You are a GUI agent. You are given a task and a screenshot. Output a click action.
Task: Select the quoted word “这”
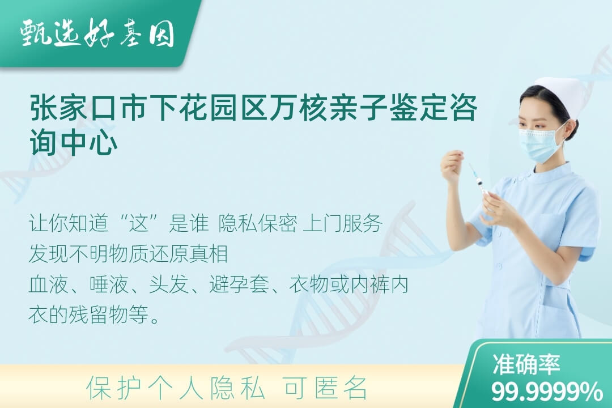pyautogui.click(x=140, y=223)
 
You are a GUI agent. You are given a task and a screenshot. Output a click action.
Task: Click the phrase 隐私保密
pyautogui.click(x=258, y=223)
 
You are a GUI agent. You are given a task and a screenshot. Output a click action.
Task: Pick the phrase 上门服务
pyautogui.click(x=343, y=223)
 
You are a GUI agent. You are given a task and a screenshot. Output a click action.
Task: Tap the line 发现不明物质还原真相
pyautogui.click(x=128, y=254)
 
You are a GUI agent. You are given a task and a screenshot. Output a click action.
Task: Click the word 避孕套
pyautogui.click(x=239, y=284)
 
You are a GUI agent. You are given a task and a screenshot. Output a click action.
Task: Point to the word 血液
pyautogui.click(x=49, y=284)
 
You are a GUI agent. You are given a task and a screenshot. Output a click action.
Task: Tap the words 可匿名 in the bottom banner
pyautogui.click(x=325, y=388)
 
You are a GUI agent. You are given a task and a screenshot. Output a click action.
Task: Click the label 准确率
pyautogui.click(x=526, y=364)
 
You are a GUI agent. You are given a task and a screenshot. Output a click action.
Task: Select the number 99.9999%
pyautogui.click(x=547, y=391)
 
